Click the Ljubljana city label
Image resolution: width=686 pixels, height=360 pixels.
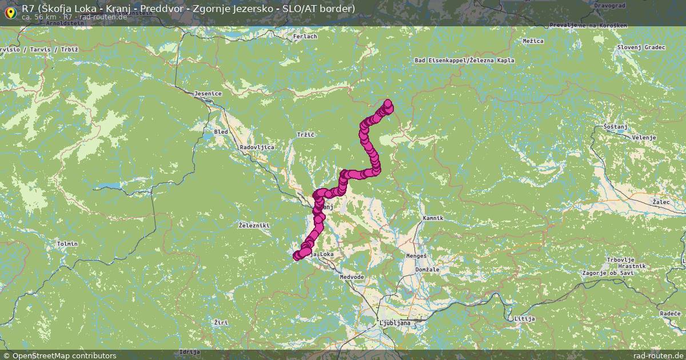pyautogui.click(x=394, y=323)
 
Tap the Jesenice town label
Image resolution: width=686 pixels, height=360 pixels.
pyautogui.click(x=208, y=93)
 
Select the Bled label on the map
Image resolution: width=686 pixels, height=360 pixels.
pyautogui.click(x=220, y=132)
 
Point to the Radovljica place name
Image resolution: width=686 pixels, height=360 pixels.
pyautogui.click(x=257, y=147)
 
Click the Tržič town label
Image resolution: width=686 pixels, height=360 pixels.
pyautogui.click(x=306, y=134)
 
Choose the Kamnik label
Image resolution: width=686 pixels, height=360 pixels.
pyautogui.click(x=433, y=218)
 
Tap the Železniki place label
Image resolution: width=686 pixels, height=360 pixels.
pyautogui.click(x=253, y=226)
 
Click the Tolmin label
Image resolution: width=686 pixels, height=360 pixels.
pyautogui.click(x=67, y=244)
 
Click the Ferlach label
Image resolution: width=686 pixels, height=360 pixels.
pyautogui.click(x=305, y=37)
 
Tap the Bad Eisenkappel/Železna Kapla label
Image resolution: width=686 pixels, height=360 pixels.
pyautogui.click(x=464, y=60)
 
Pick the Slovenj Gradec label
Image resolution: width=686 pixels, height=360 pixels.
pyautogui.click(x=641, y=47)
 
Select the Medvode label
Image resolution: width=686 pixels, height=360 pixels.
pyautogui.click(x=352, y=277)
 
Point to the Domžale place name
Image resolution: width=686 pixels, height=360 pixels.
pyautogui.click(x=427, y=269)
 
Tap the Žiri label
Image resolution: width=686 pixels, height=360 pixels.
pyautogui.click(x=220, y=323)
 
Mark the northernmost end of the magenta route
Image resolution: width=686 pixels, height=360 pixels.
pyautogui.click(x=389, y=104)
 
